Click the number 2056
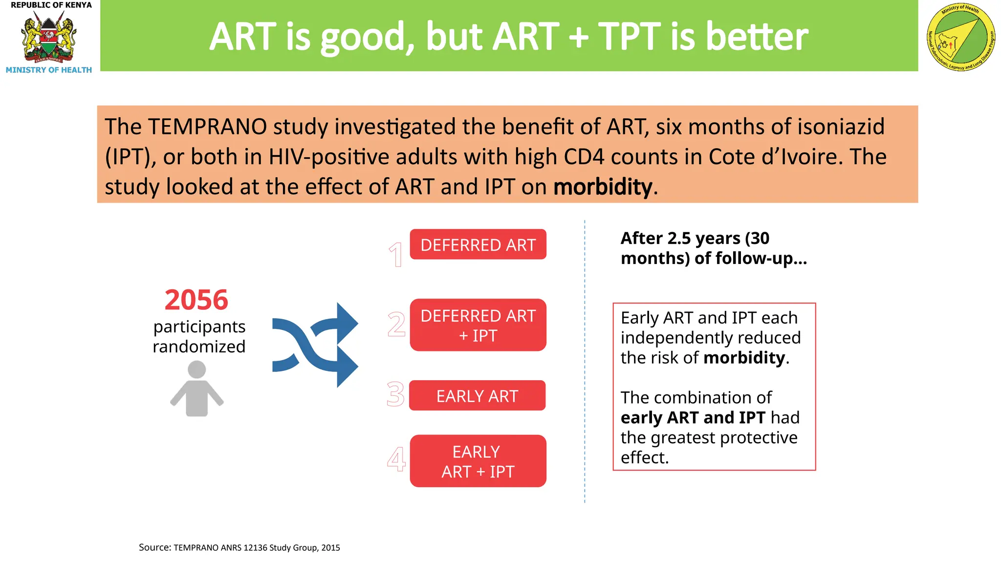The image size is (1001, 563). [196, 300]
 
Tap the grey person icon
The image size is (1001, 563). [196, 389]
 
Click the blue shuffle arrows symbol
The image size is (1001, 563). [315, 345]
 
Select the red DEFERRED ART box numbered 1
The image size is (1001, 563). [478, 244]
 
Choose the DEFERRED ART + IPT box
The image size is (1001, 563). [478, 325]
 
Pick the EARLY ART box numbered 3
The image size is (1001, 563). [477, 395]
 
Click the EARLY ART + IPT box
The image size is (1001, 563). [478, 461]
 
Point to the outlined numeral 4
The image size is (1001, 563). [396, 459]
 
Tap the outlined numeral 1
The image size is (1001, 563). [396, 255]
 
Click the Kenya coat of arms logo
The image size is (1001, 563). [48, 37]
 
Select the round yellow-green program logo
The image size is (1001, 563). [960, 37]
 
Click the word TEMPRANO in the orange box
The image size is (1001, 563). [207, 127]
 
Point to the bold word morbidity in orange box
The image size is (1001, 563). [602, 187]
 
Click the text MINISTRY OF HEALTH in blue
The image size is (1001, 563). [48, 70]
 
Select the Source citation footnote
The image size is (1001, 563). [239, 547]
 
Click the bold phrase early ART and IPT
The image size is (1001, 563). [692, 417]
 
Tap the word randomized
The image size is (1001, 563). [199, 346]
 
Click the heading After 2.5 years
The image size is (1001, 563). [695, 238]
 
